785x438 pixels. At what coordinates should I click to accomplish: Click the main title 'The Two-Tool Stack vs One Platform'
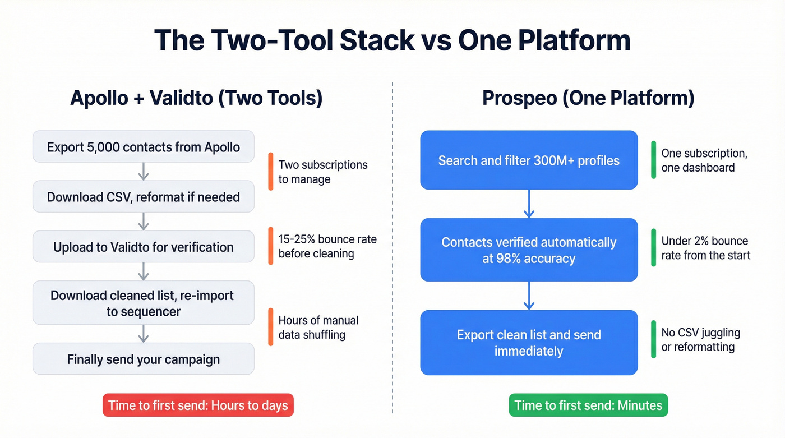tap(392, 40)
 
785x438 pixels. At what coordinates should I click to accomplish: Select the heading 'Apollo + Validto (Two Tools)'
tap(196, 98)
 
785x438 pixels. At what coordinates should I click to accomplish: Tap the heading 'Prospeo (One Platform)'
tap(588, 98)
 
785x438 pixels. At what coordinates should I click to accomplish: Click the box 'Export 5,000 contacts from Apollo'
tap(144, 147)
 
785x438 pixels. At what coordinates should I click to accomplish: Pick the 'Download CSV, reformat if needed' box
tap(144, 197)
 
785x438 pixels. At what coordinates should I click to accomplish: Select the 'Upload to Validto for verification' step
tap(144, 247)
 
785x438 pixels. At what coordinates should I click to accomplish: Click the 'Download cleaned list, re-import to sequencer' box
tap(144, 303)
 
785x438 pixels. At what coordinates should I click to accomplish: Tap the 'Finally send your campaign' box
tap(144, 359)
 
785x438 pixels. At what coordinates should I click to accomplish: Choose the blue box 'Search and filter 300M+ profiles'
tap(529, 160)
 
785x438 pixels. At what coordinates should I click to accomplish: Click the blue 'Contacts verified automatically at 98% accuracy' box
tap(529, 250)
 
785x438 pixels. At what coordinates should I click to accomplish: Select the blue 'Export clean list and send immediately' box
tap(529, 343)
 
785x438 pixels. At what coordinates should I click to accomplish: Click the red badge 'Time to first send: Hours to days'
tap(198, 405)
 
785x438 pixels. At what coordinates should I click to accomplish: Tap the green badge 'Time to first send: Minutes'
tap(588, 405)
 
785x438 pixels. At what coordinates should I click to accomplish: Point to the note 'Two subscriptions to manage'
tap(323, 172)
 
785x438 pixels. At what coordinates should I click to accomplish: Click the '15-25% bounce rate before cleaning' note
tap(327, 246)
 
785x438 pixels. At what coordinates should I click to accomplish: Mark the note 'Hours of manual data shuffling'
tap(318, 328)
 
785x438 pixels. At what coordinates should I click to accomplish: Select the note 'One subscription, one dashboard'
tap(704, 160)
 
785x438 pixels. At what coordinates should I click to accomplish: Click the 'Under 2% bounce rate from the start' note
tap(705, 248)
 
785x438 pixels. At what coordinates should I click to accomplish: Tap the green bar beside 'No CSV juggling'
tap(653, 339)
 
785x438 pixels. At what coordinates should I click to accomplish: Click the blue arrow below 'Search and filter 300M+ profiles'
tap(529, 204)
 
